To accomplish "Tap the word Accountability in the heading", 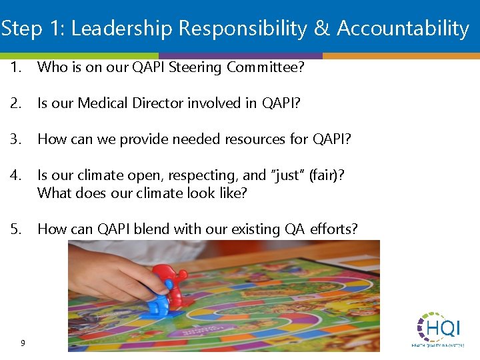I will [x=403, y=29].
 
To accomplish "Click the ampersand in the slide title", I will [x=321, y=29].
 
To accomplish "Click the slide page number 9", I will [x=23, y=343].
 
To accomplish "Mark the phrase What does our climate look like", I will [x=142, y=193].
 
